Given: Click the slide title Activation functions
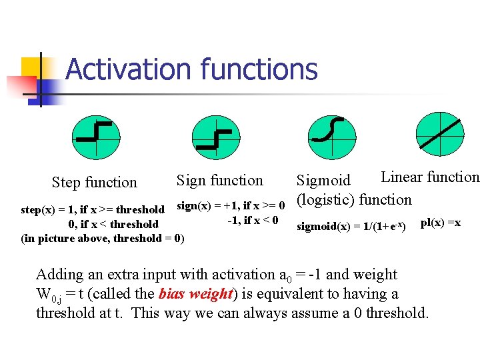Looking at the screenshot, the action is pos(191,69).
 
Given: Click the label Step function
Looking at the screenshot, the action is pos(94,182).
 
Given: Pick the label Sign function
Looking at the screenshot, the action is pos(219,180).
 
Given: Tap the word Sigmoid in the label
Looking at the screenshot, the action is pos(323,181).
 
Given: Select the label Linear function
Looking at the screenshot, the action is pos(429,177).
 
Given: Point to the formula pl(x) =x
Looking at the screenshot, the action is pos(440,222).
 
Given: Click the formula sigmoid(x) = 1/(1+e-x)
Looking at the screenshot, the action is pos(351,226).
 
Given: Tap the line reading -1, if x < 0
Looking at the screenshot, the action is pos(253,220).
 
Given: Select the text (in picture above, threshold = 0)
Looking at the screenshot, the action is pos(103,238).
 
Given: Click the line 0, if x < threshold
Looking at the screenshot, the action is pos(113,224).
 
